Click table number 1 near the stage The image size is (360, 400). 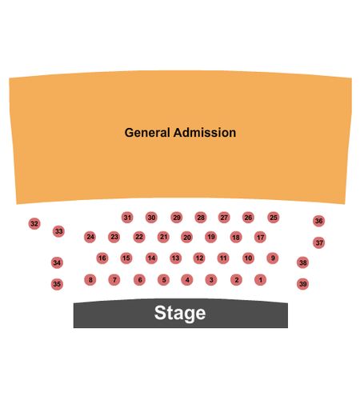(260, 280)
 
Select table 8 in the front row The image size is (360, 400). (90, 280)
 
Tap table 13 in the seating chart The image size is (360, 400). (175, 258)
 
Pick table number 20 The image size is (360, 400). (187, 237)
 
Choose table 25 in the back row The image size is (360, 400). (274, 218)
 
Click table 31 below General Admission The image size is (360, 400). (127, 218)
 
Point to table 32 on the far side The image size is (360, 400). (34, 223)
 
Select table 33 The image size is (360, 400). (58, 231)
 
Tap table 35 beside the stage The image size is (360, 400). (57, 284)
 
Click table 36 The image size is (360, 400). (319, 221)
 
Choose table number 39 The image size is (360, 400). (303, 284)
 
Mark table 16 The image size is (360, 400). (102, 258)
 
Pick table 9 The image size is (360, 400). (273, 258)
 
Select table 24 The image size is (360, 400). (90, 237)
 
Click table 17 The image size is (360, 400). (260, 237)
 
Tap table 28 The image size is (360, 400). (201, 218)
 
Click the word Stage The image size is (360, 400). (180, 313)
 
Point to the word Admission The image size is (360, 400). (205, 133)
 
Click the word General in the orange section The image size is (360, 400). (147, 133)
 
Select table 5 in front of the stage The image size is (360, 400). (164, 280)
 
